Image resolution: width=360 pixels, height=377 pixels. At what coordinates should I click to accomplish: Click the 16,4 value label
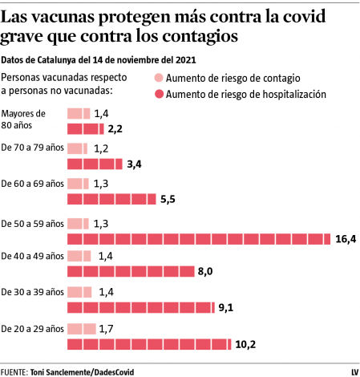[x=345, y=238]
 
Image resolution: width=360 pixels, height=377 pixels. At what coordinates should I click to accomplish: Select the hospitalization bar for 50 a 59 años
[x=198, y=238]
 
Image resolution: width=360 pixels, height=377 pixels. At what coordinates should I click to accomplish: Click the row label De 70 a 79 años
[x=32, y=148]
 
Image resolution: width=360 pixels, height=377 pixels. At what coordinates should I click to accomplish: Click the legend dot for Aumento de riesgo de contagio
[x=158, y=79]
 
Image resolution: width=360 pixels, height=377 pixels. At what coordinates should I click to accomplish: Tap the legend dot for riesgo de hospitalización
[x=158, y=94]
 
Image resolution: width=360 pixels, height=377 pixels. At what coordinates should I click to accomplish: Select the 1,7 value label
[x=107, y=329]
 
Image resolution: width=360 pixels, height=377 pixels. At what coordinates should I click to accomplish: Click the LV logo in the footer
[x=354, y=371]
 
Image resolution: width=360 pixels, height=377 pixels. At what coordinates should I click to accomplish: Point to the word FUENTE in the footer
[x=14, y=371]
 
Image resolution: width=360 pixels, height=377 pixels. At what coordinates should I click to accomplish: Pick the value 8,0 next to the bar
[x=204, y=272]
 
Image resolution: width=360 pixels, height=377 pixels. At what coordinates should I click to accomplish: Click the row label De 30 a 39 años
[x=32, y=292]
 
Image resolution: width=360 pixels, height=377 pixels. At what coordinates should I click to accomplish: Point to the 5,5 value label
[x=168, y=199]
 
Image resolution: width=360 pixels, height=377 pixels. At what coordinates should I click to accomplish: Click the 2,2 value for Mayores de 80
[x=115, y=128]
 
